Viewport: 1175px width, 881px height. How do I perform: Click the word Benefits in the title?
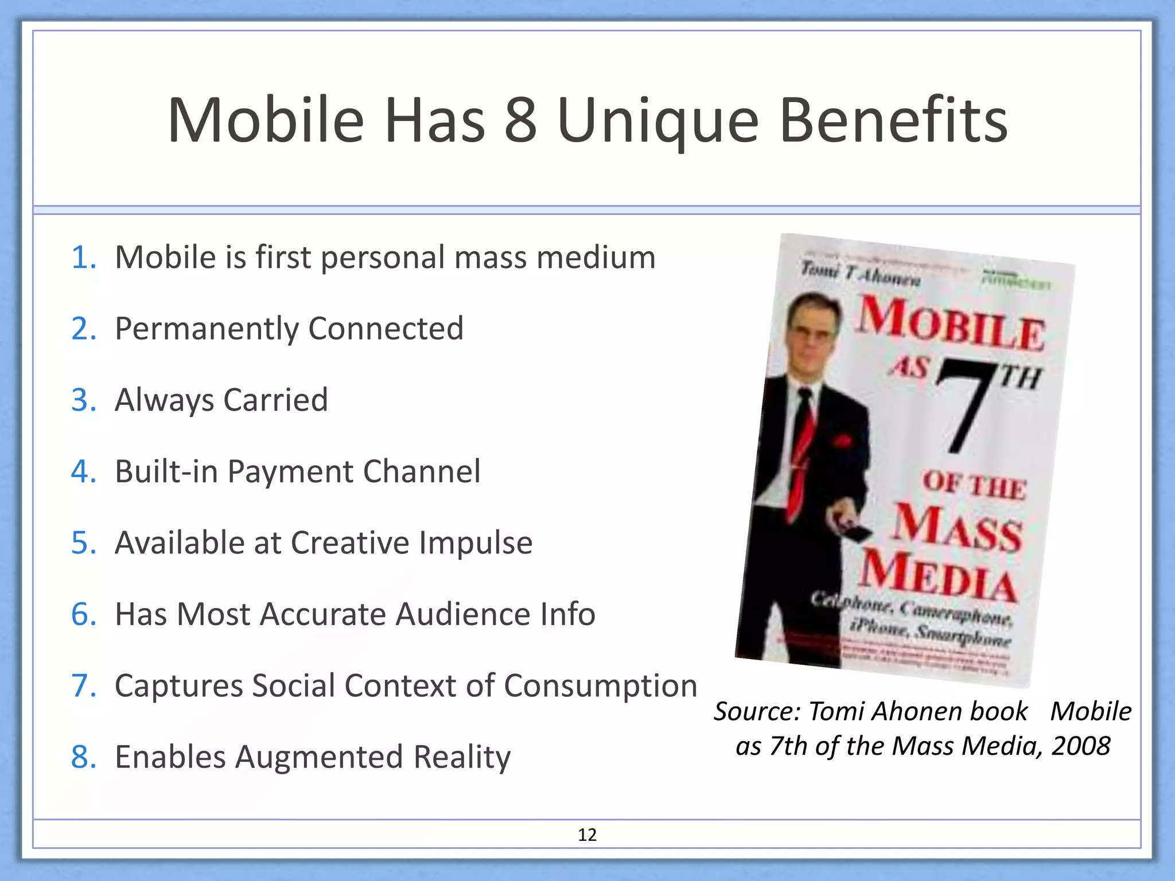pos(893,121)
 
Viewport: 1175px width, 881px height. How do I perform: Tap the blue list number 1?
pos(83,258)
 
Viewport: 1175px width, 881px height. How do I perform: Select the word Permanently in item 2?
pos(207,329)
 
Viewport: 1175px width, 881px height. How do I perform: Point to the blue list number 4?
pos(83,471)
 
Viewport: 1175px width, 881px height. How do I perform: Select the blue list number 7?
pos(83,686)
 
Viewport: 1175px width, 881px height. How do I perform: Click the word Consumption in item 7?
pos(600,686)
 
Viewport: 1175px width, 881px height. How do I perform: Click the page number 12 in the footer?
pos(587,835)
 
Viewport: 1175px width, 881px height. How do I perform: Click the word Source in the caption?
pos(756,712)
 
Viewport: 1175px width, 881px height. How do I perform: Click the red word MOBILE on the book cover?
pos(950,324)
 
